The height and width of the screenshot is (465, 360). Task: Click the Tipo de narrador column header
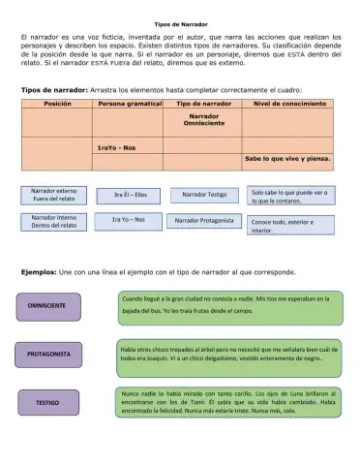pyautogui.click(x=202, y=102)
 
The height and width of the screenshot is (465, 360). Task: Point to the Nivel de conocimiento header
pyautogui.click(x=287, y=102)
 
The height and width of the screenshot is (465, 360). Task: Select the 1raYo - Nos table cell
pyautogui.click(x=116, y=147)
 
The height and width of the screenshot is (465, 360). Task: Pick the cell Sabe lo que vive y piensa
pyautogui.click(x=287, y=157)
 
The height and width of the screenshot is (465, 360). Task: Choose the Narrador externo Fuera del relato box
pyautogui.click(x=54, y=195)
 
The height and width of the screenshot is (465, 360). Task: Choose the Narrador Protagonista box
pyautogui.click(x=204, y=221)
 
